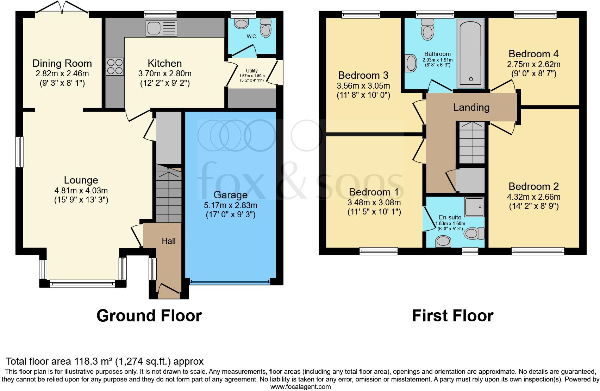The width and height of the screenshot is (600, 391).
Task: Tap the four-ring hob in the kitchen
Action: [x=115, y=66]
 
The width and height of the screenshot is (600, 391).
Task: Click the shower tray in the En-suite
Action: [x=474, y=207]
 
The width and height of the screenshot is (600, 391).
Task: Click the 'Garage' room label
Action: [x=230, y=195]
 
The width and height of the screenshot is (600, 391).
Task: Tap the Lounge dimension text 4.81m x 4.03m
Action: [x=81, y=191]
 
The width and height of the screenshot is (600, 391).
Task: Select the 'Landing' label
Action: [x=471, y=107]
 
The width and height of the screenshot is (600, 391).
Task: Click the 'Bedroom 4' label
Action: [x=533, y=54]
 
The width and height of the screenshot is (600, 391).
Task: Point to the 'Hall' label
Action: [x=169, y=241]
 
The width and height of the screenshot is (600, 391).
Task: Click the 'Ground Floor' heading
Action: [x=149, y=316]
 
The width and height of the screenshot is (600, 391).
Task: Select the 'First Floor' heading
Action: [x=452, y=316]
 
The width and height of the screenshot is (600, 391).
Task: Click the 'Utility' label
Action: [x=252, y=71]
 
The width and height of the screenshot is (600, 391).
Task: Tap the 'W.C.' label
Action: [x=252, y=36]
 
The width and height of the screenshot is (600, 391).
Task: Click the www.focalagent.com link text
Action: [x=300, y=387]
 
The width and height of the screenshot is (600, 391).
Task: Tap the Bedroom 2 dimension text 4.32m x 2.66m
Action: [x=533, y=197]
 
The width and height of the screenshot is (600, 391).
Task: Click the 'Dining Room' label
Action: [x=62, y=63]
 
